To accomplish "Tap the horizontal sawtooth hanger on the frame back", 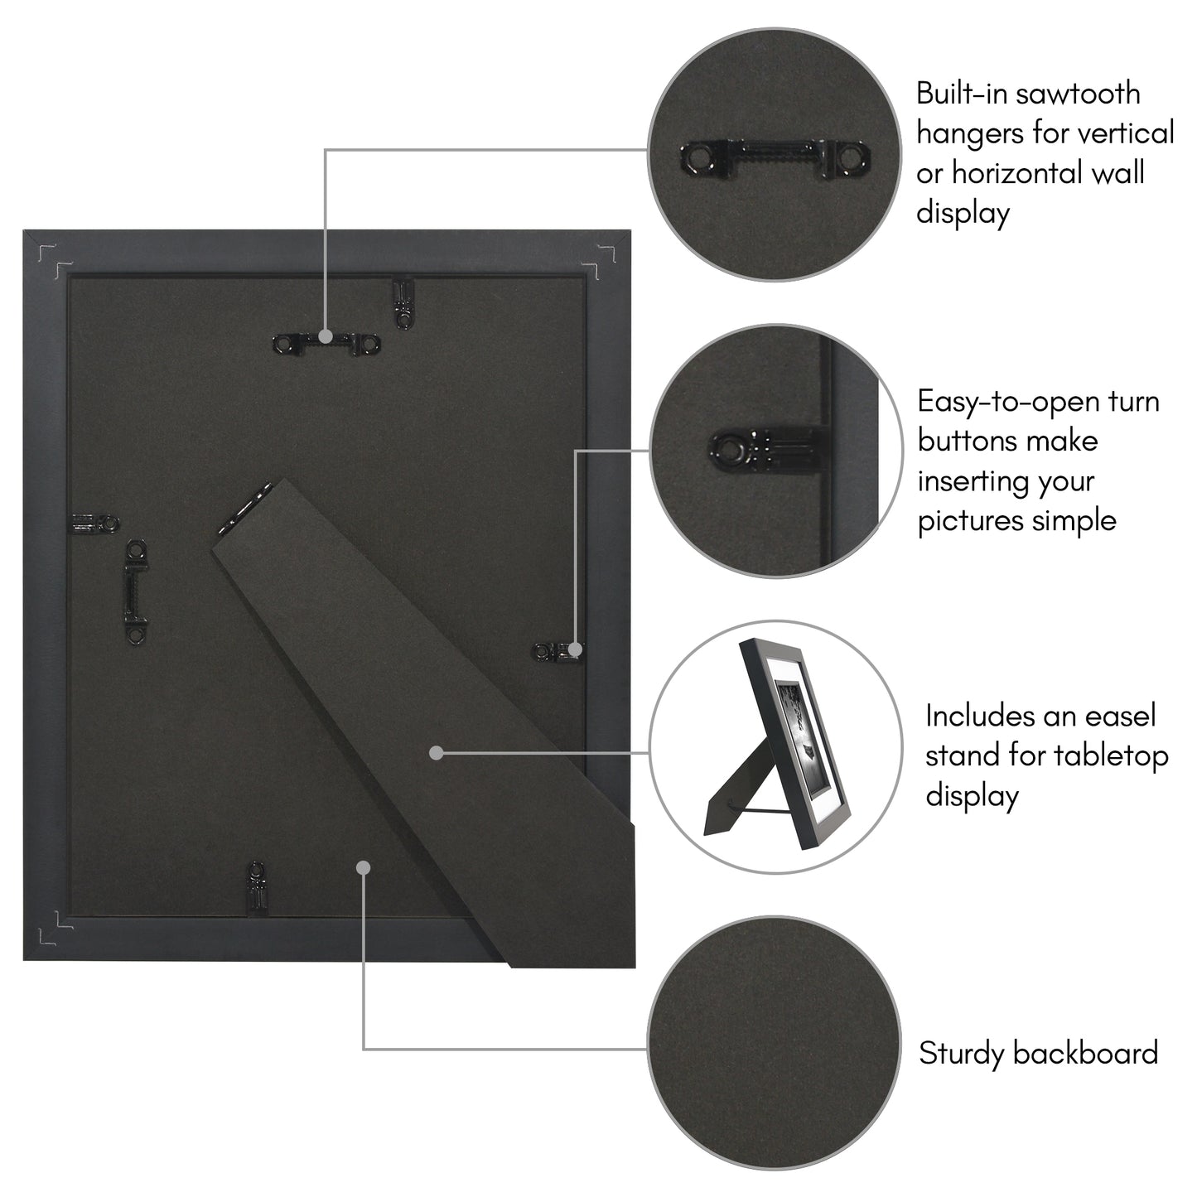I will [326, 342].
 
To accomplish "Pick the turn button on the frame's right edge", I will [559, 651].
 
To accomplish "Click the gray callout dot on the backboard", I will [362, 866].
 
